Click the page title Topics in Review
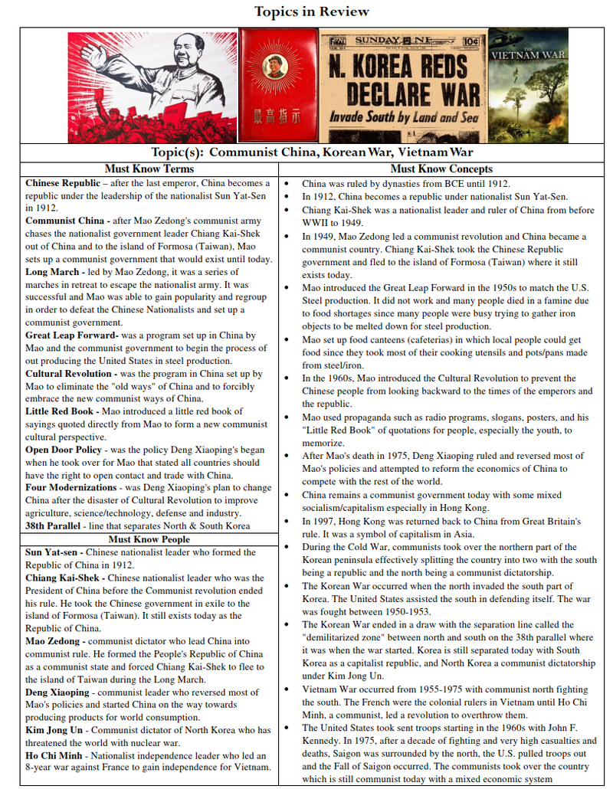(311, 11)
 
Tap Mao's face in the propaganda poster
(188, 52)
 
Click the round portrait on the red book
(275, 67)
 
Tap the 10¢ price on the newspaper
(471, 40)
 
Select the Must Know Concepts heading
(441, 169)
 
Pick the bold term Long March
(52, 273)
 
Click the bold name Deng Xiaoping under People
(57, 692)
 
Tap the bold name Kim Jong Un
(54, 730)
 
